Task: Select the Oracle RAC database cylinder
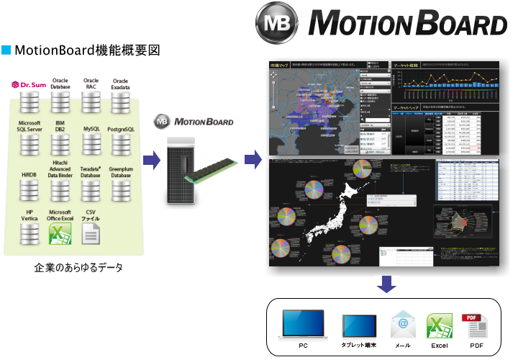click(91, 102)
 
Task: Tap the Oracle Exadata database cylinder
click(121, 102)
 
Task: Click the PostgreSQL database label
click(121, 129)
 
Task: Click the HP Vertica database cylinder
click(29, 233)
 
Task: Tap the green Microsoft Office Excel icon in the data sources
click(60, 233)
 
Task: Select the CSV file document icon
click(91, 233)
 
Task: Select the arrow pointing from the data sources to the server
click(151, 159)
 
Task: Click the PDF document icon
click(475, 325)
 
